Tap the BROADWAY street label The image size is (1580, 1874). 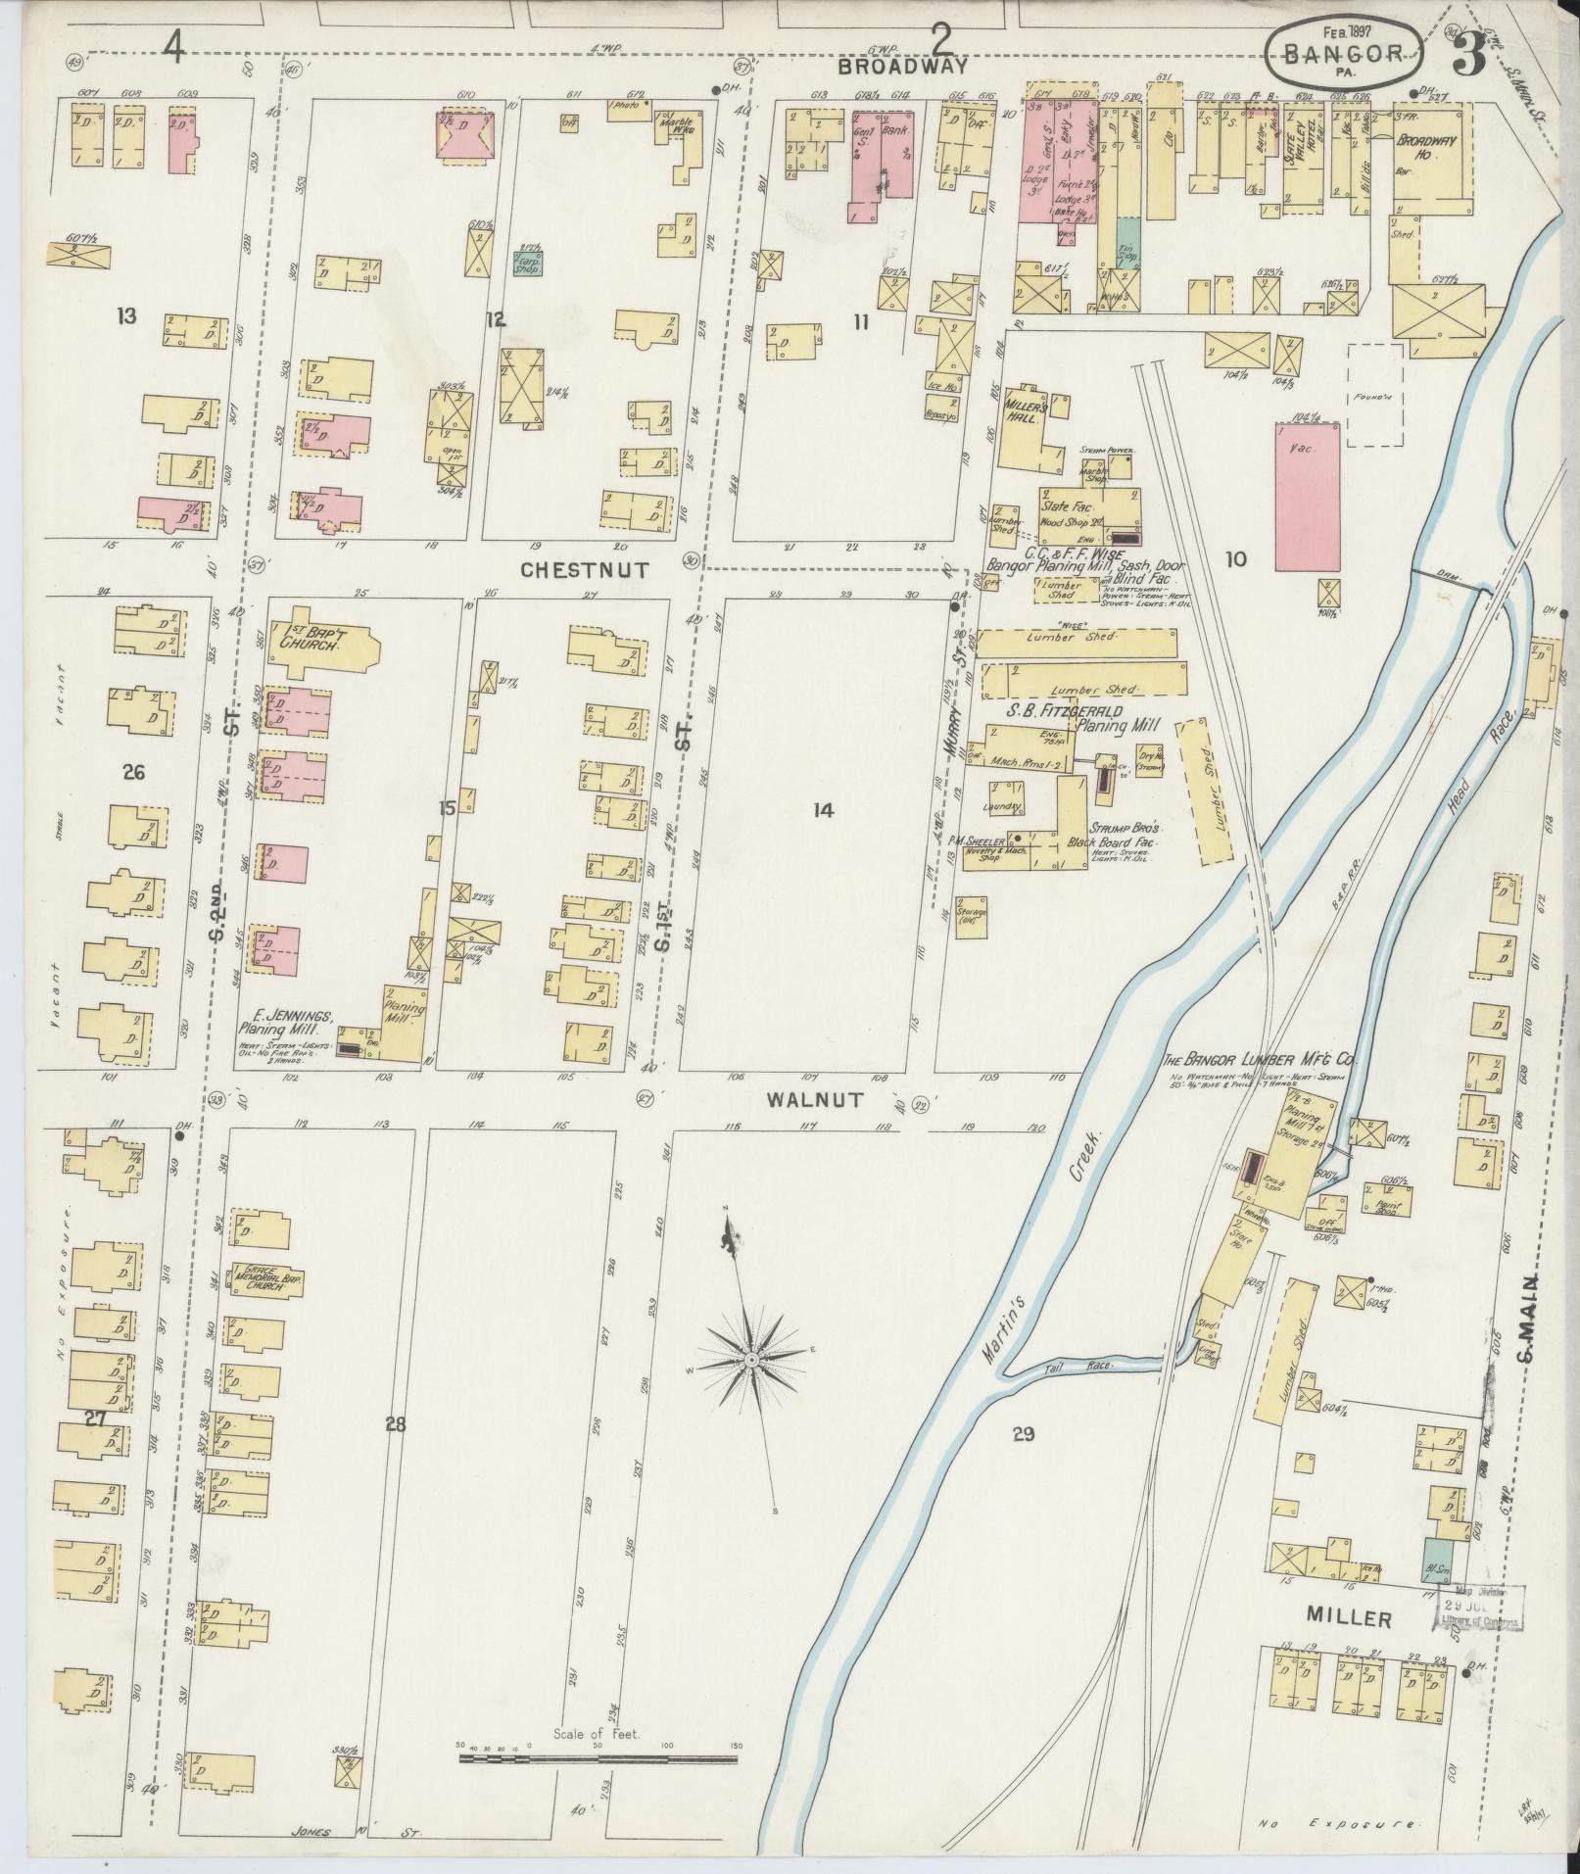point(903,68)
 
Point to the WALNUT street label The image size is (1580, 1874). point(815,1100)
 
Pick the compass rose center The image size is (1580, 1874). point(750,1361)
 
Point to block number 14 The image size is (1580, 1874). point(822,809)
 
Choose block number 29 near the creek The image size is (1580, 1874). point(1024,1435)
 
